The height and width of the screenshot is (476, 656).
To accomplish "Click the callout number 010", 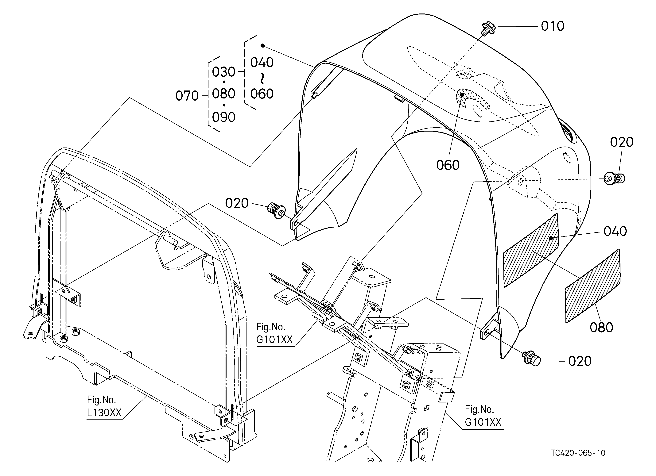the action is point(553,26).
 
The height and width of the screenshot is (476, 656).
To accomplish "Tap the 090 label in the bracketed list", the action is point(224,117).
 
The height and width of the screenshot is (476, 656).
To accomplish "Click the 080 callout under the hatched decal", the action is point(601,328).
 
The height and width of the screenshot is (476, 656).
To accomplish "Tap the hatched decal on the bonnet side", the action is point(531,250).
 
